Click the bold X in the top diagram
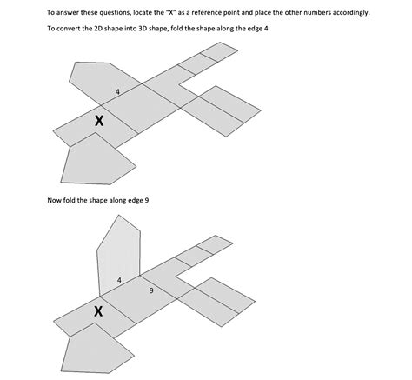[99, 121]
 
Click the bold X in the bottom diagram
[98, 311]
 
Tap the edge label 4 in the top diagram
[117, 92]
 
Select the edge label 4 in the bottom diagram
[119, 280]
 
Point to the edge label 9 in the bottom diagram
[151, 290]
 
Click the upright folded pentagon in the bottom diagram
[119, 255]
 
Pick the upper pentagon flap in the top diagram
[105, 83]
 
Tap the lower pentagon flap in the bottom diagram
[96, 349]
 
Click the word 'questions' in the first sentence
[111, 12]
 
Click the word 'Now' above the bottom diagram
[53, 200]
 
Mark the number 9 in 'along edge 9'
[147, 200]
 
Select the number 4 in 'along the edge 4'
[266, 29]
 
